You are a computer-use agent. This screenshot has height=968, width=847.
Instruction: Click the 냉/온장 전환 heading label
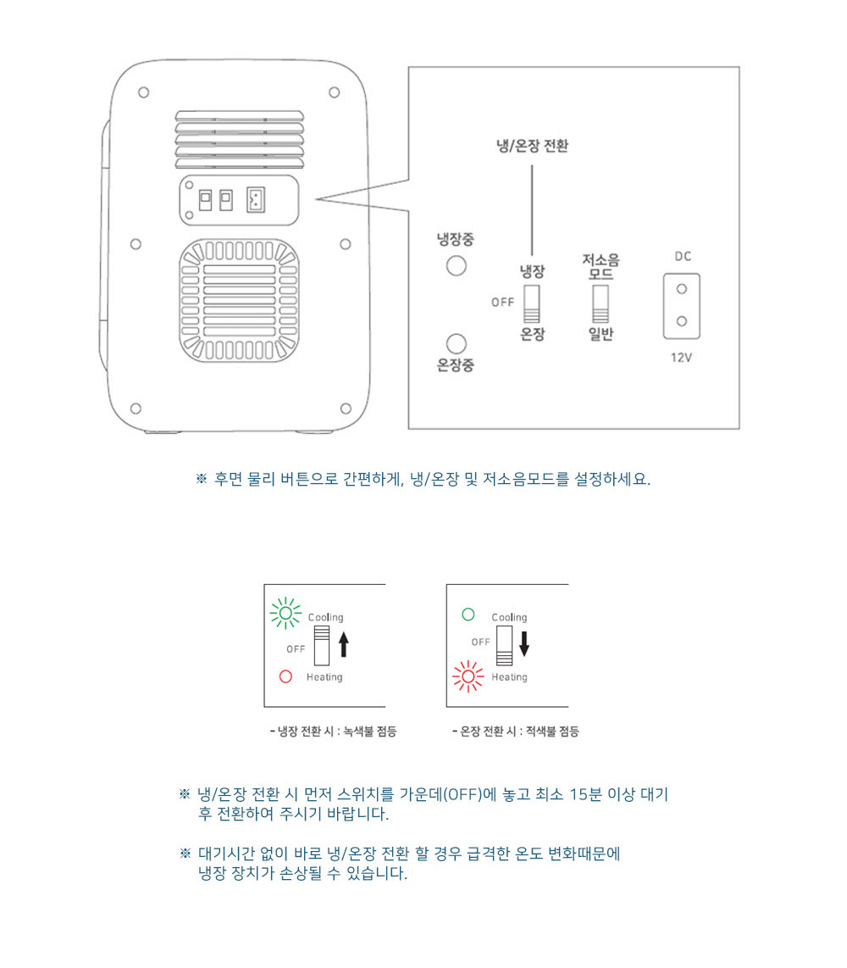(533, 146)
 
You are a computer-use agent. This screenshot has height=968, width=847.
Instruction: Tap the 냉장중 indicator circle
(456, 266)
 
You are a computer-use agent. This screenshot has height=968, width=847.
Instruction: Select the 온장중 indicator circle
(456, 344)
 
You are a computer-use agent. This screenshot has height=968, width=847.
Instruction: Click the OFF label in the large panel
(503, 302)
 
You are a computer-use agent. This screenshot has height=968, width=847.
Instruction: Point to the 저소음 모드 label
(601, 267)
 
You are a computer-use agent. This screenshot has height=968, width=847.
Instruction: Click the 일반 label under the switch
(601, 334)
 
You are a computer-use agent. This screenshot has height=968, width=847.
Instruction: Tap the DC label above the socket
(683, 256)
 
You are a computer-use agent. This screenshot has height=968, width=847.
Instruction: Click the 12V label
(681, 358)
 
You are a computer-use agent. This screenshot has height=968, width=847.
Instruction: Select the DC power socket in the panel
(682, 306)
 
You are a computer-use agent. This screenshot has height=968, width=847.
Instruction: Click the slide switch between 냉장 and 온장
(532, 303)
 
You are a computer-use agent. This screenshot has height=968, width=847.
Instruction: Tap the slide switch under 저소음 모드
(601, 303)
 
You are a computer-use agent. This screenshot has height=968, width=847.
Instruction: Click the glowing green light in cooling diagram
(285, 613)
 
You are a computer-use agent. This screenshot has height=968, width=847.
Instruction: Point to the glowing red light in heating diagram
(468, 676)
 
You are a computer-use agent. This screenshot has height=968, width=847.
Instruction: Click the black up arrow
(344, 644)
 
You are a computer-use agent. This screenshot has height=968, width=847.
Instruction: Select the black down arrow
(524, 643)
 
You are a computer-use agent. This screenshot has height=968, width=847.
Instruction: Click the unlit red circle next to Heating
(285, 676)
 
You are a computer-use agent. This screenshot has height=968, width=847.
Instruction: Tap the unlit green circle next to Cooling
(468, 615)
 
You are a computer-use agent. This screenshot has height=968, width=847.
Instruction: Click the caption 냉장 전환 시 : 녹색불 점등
(333, 732)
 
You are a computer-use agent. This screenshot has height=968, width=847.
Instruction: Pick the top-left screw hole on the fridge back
(144, 92)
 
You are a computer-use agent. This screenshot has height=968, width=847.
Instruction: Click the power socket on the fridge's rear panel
(256, 200)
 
